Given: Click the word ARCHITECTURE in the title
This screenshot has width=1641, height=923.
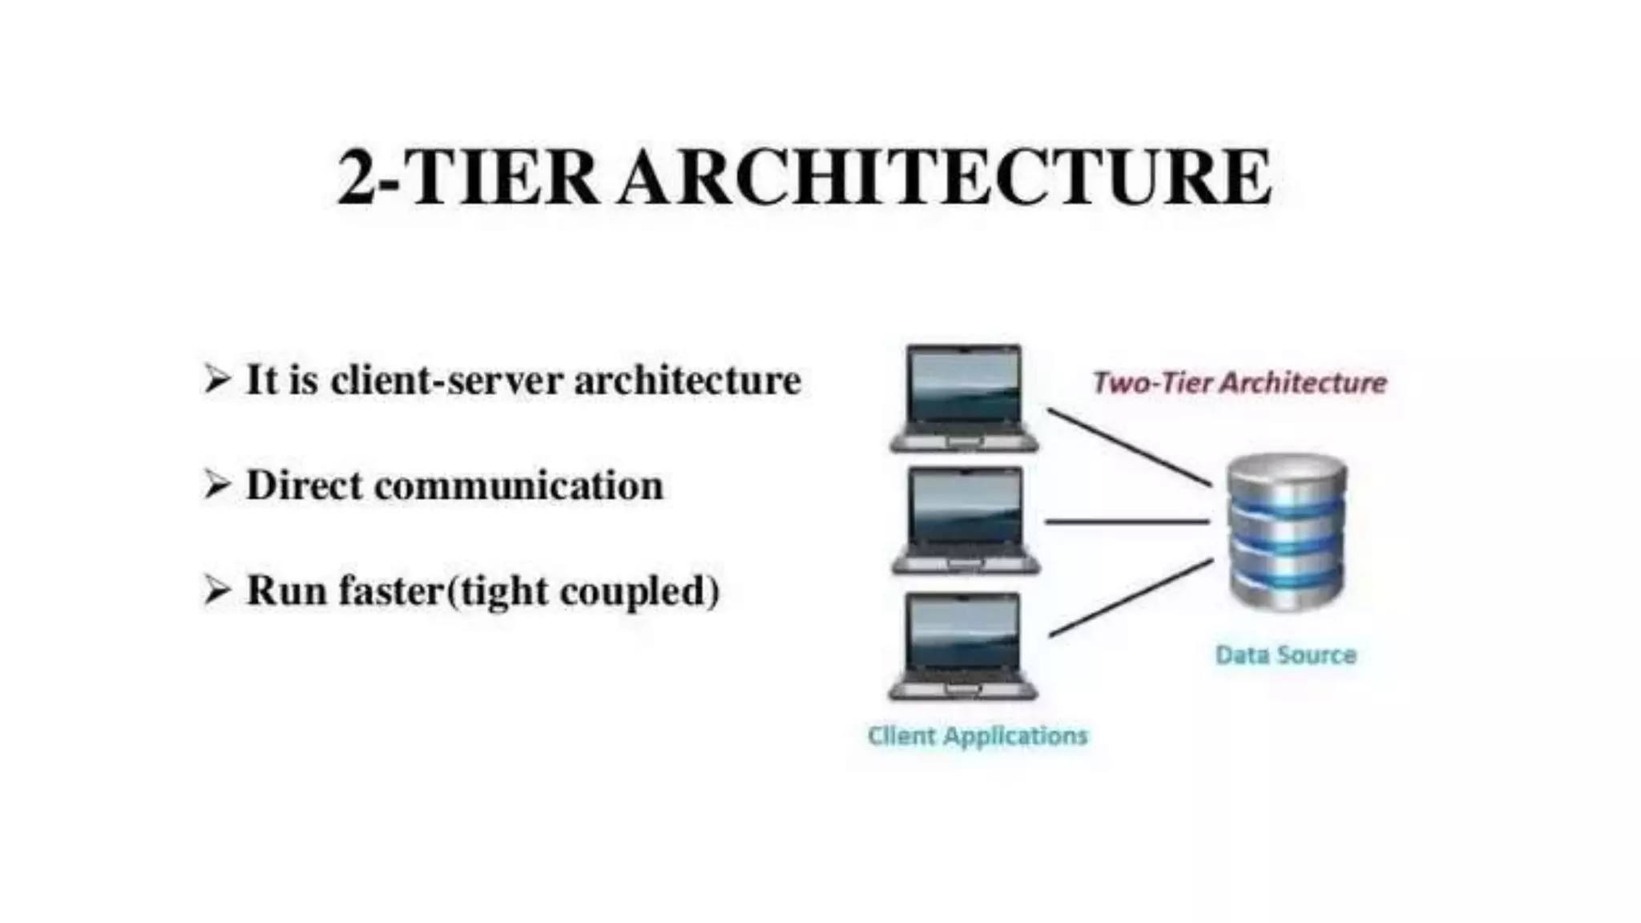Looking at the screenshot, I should [x=945, y=178].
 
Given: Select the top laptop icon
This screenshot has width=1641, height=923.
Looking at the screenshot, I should [x=965, y=398].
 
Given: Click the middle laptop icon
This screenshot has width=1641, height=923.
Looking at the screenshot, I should [x=966, y=521].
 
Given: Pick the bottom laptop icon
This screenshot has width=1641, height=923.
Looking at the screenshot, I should [x=964, y=646].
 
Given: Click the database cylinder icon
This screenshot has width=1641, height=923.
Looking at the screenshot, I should [x=1287, y=531].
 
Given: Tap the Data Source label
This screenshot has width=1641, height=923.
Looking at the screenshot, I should [x=1285, y=655].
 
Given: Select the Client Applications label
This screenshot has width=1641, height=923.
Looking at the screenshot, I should [x=978, y=736].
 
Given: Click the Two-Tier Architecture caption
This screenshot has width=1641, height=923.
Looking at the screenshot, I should [x=1240, y=383].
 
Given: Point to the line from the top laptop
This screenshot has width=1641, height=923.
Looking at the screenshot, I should [x=1130, y=447].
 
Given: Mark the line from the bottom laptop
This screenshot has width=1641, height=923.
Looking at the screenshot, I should [x=1131, y=598].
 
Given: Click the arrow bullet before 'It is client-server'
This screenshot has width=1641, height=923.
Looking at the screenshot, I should [x=216, y=379].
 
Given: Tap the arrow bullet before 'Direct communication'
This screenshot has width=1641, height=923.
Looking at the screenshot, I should [x=216, y=485].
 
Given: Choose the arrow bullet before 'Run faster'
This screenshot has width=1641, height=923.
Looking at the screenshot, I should [x=216, y=590].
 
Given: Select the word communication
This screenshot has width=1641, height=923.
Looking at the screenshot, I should [x=518, y=486].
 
